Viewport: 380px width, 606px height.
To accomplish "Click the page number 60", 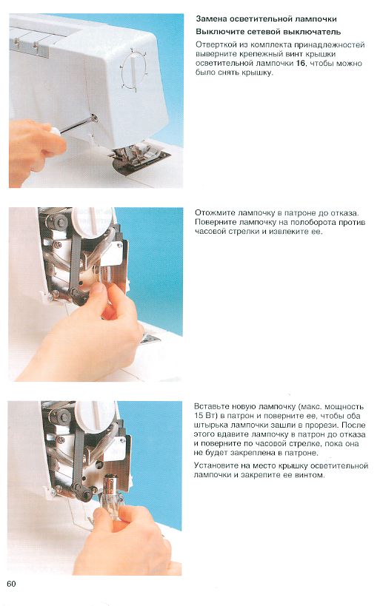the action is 12,584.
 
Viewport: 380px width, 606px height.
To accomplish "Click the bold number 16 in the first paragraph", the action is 300,64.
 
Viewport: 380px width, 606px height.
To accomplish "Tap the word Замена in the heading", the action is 211,19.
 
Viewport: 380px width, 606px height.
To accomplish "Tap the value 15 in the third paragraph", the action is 198,417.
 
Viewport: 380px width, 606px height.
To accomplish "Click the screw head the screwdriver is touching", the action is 93,118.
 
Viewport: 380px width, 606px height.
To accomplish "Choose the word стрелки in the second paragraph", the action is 249,232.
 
